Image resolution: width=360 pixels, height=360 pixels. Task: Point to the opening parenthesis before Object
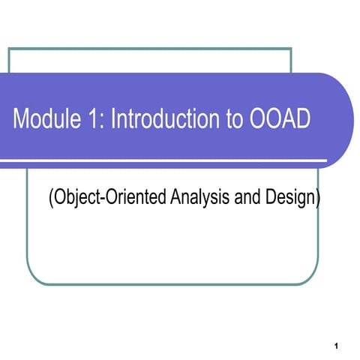coord(50,199)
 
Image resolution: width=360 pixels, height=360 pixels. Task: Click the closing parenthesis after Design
coord(317,199)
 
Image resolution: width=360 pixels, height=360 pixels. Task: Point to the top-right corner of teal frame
coord(290,49)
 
